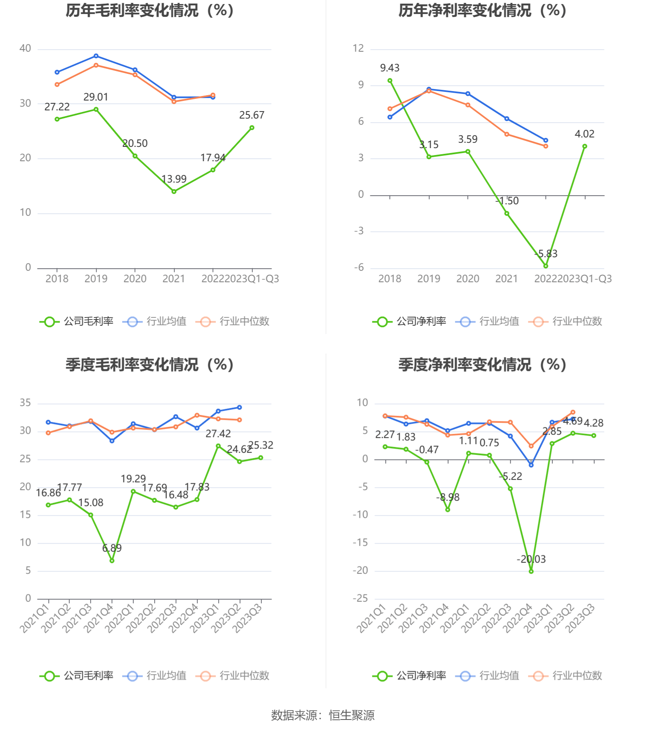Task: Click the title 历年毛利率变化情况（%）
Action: pyautogui.click(x=150, y=11)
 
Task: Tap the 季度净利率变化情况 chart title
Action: pyautogui.click(x=482, y=365)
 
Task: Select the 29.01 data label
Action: pyautogui.click(x=96, y=97)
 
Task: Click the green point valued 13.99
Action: pyautogui.click(x=174, y=192)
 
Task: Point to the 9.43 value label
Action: pyautogui.click(x=389, y=68)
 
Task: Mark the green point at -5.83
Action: pyautogui.click(x=546, y=266)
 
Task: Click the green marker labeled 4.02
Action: pyautogui.click(x=584, y=146)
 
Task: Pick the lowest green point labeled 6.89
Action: pyautogui.click(x=112, y=560)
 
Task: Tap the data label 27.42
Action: pyautogui.click(x=218, y=434)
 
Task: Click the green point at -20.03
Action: pyautogui.click(x=531, y=571)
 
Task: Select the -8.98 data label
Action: pyautogui.click(x=448, y=498)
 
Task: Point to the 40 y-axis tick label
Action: pyautogui.click(x=25, y=48)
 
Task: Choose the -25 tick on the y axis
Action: pyautogui.click(x=360, y=599)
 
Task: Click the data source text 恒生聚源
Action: pyautogui.click(x=352, y=715)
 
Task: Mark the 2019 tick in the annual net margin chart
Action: pyautogui.click(x=428, y=279)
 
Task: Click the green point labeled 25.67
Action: pyautogui.click(x=252, y=128)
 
